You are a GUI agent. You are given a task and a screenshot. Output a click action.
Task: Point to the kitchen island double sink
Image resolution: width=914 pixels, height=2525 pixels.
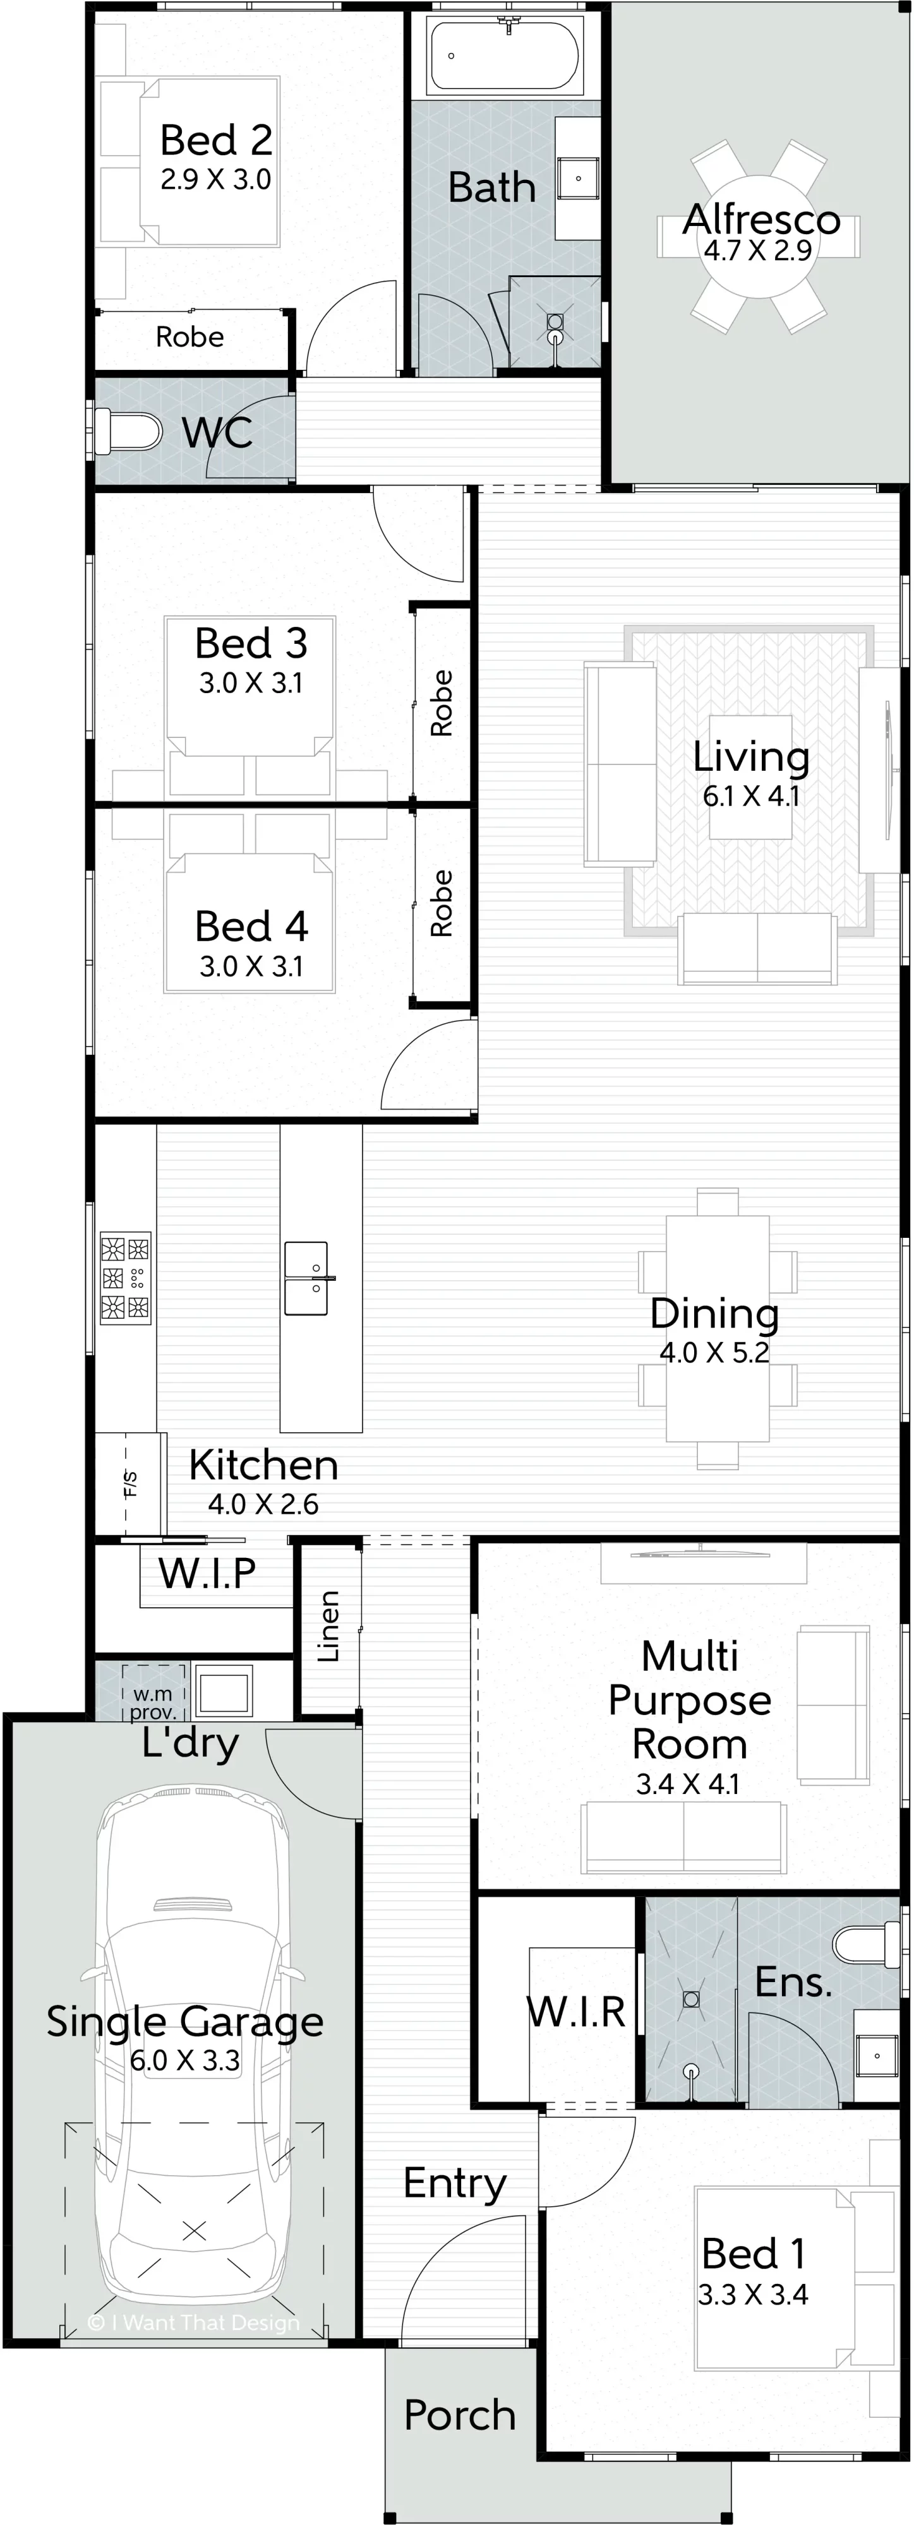[x=306, y=1278]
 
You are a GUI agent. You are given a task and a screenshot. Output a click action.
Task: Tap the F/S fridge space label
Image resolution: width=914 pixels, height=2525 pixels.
[x=130, y=1485]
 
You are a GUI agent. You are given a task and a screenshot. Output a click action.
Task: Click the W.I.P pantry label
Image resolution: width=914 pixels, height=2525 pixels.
[x=207, y=1573]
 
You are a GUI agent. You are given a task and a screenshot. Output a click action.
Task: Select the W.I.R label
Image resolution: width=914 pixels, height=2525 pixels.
[x=577, y=2011]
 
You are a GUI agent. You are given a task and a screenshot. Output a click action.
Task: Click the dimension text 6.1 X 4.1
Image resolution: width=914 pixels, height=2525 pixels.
[x=751, y=796]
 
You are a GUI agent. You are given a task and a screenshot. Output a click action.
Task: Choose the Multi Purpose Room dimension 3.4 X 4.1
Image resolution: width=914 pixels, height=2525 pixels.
[x=689, y=1784]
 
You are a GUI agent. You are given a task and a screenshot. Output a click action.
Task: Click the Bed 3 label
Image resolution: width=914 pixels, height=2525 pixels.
[x=251, y=644]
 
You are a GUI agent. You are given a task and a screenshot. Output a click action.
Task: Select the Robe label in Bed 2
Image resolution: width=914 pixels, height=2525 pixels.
[x=190, y=337]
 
